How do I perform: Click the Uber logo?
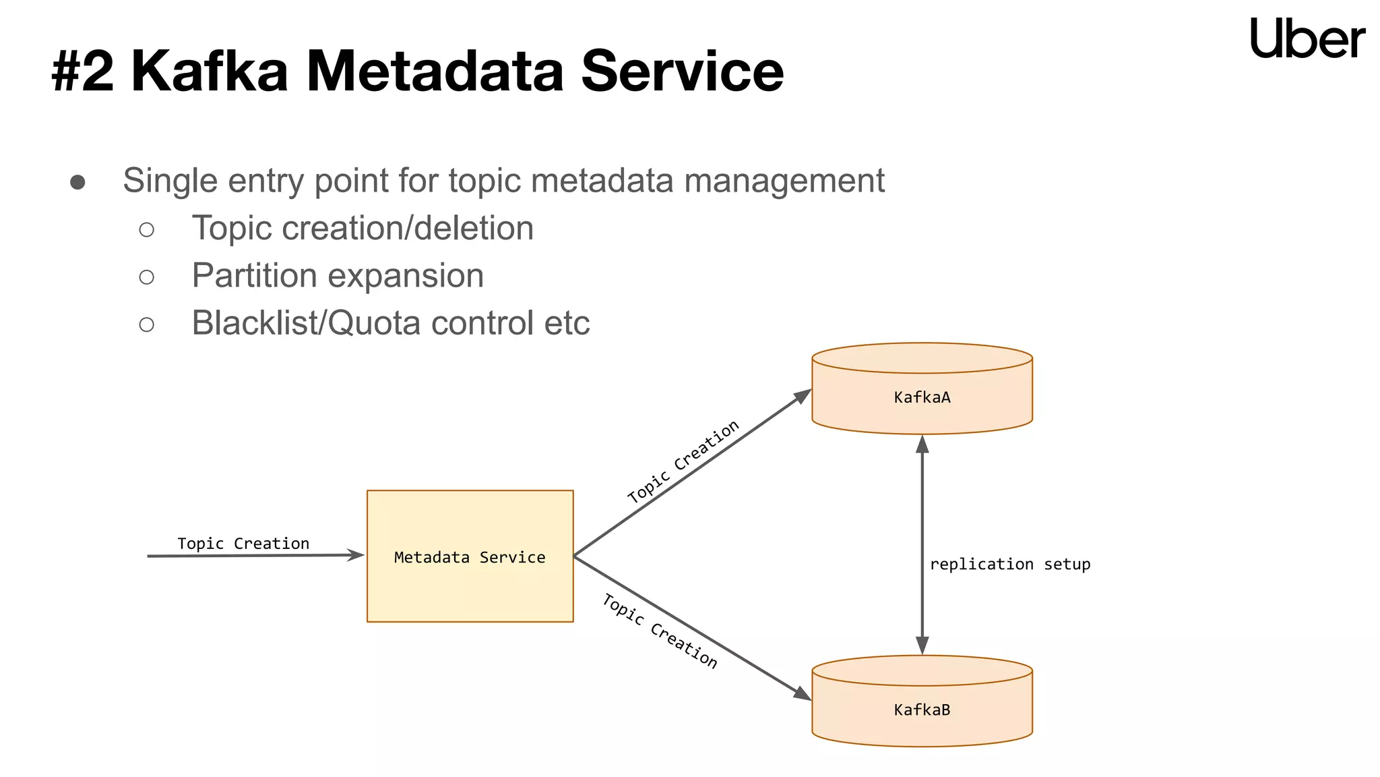(1307, 38)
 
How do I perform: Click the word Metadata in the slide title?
(435, 71)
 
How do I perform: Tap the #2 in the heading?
(82, 71)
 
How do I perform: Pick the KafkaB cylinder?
(922, 708)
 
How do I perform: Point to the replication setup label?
(1009, 564)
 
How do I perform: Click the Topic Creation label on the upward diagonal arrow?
(683, 462)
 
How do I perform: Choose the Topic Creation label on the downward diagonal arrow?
(660, 631)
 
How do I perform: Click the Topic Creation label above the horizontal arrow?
(243, 544)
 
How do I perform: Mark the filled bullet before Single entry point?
(77, 182)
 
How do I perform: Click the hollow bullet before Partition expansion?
(146, 277)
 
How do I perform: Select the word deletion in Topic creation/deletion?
(474, 228)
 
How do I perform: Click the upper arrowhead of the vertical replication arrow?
(922, 444)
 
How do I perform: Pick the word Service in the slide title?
(682, 71)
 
